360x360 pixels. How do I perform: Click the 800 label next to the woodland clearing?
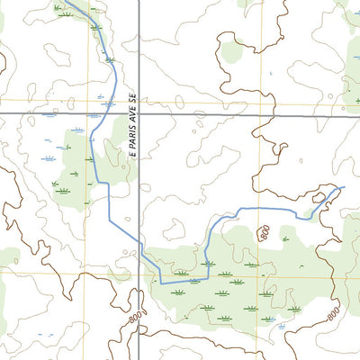tap(264, 234)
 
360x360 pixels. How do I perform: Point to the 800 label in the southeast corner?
tap(332, 314)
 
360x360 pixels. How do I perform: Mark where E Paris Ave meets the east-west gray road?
tap(139, 113)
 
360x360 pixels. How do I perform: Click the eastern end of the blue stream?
tap(344, 187)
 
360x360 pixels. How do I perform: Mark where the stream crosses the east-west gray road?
tap(114, 113)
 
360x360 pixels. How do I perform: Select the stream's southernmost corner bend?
tap(161, 283)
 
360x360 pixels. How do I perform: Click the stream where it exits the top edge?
tap(67, 2)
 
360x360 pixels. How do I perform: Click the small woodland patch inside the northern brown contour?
tap(231, 49)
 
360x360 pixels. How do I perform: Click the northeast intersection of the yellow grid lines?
tap(261, 100)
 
